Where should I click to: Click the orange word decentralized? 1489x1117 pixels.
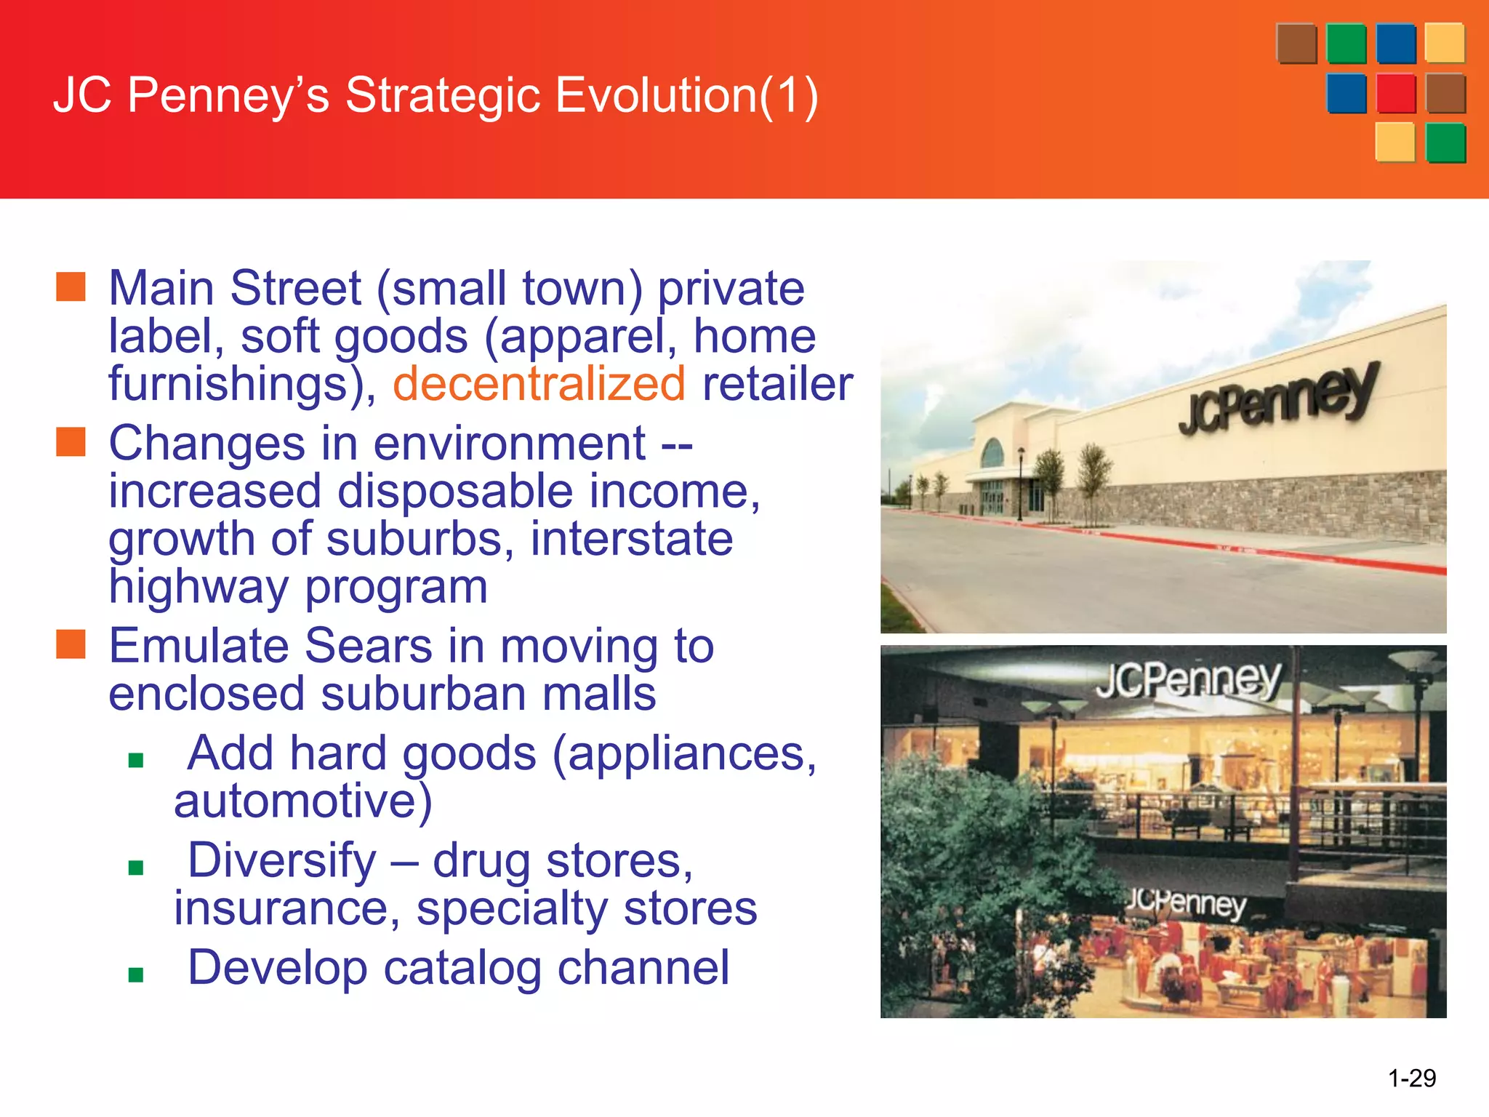point(539,384)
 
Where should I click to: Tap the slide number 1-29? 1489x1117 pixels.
point(1411,1077)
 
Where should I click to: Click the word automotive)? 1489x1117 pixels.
point(302,801)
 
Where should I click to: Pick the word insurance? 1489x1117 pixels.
point(286,908)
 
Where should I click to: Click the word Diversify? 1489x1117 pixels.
point(282,860)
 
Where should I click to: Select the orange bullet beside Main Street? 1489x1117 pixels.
point(71,287)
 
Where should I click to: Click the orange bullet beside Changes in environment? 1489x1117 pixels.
point(71,442)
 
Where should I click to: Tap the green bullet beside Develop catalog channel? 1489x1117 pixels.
point(135,974)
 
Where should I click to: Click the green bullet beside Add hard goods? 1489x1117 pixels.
point(135,761)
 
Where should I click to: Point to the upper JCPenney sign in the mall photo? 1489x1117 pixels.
point(1188,679)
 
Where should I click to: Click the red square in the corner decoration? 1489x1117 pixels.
point(1395,93)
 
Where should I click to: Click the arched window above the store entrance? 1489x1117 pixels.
point(992,454)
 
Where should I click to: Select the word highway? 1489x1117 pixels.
point(198,587)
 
